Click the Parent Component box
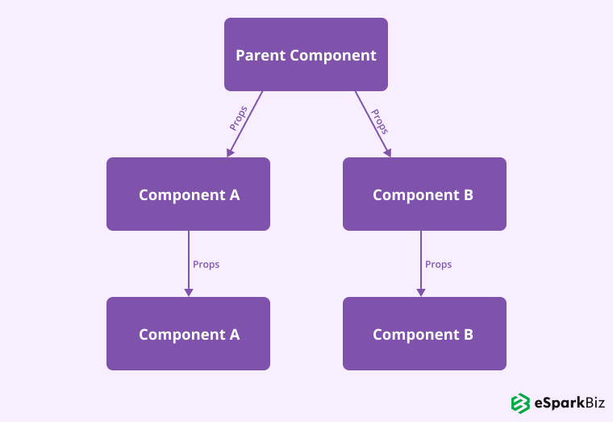click(306, 54)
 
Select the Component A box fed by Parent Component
click(188, 194)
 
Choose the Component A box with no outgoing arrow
click(188, 333)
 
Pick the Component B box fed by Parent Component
click(424, 194)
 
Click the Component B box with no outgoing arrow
click(424, 333)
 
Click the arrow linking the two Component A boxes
click(189, 262)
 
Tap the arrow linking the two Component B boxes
click(420, 262)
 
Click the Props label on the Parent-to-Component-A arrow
click(238, 118)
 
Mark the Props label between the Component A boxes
click(206, 265)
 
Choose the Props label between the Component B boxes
click(438, 265)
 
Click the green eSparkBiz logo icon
click(520, 403)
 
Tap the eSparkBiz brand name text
click(569, 403)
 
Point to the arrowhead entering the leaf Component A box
click(189, 291)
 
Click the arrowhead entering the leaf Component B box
click(420, 291)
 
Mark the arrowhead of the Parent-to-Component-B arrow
click(388, 151)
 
